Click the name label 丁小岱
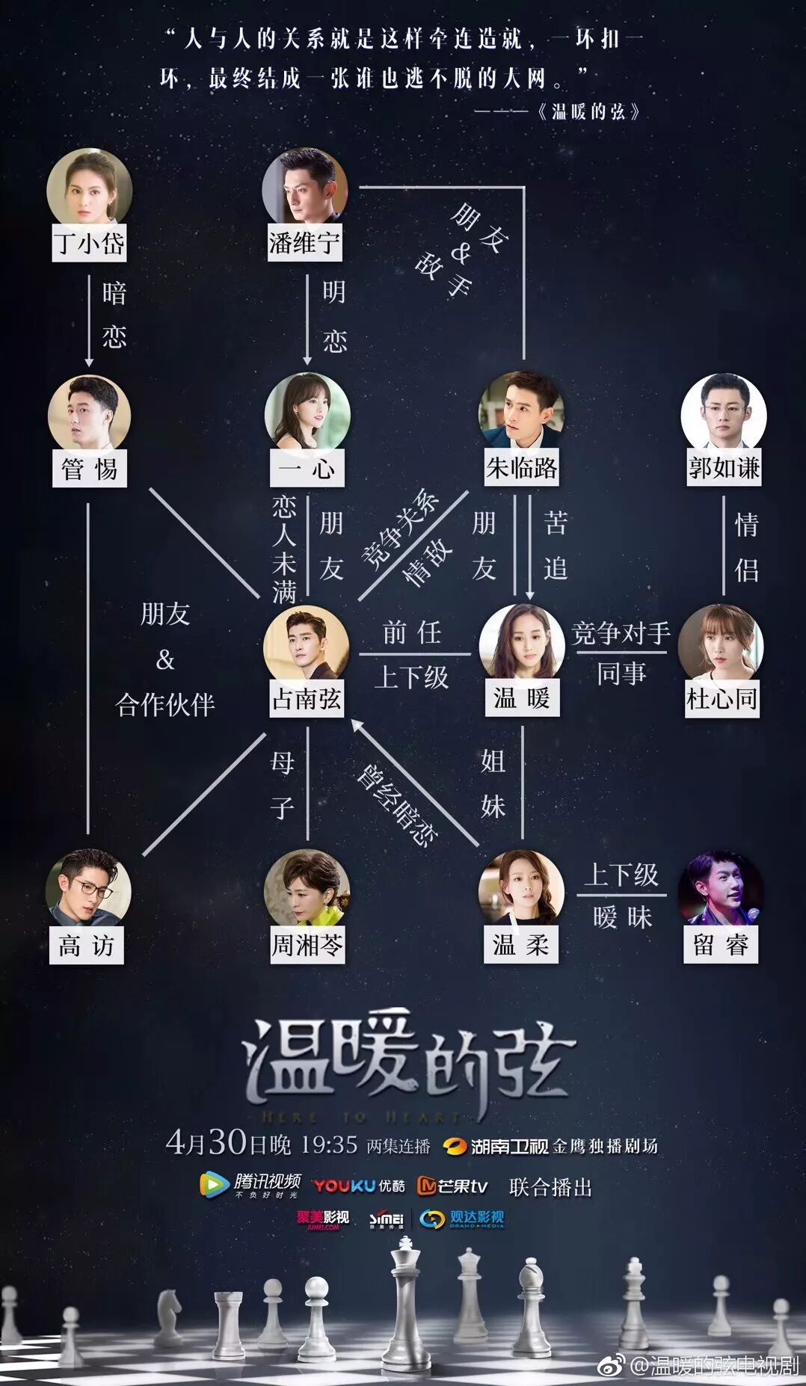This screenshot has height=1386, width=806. (x=89, y=243)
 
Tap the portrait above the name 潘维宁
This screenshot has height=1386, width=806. (x=305, y=188)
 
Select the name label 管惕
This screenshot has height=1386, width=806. (x=89, y=469)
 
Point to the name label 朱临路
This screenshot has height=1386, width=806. (x=521, y=468)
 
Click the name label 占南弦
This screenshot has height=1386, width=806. (x=307, y=699)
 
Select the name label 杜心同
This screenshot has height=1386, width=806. (x=722, y=699)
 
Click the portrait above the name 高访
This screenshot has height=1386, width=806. (x=88, y=890)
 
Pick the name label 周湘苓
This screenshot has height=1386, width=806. (x=307, y=946)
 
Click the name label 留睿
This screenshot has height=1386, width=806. (x=721, y=945)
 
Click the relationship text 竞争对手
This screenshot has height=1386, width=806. (x=621, y=634)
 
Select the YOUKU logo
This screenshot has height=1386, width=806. (x=345, y=1186)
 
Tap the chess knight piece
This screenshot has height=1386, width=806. (x=170, y=1316)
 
